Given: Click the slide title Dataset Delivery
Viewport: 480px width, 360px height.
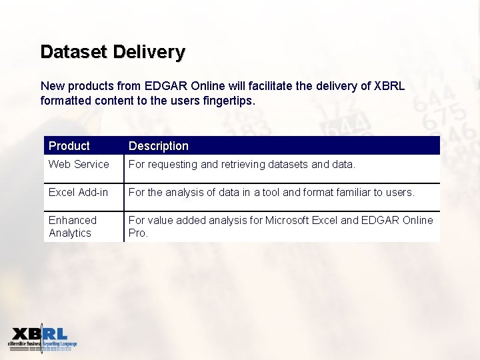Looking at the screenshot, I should [113, 52].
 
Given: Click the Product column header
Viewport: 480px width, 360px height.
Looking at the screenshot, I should [69, 146].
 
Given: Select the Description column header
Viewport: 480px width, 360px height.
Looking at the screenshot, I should [159, 146].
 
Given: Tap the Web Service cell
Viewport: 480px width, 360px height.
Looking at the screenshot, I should [79, 164].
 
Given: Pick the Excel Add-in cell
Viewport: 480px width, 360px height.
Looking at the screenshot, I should [78, 192].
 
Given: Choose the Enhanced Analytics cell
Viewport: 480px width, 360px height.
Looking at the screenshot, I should [72, 226].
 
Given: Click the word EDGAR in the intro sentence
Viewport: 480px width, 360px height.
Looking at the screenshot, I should [158, 87].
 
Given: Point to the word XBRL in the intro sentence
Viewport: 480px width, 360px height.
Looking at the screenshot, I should [390, 87].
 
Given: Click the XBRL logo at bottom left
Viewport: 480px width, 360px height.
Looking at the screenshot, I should [43, 339].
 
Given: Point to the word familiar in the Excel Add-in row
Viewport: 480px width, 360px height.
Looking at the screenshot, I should [354, 192].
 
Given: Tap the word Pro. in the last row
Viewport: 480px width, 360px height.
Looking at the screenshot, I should [138, 233].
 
